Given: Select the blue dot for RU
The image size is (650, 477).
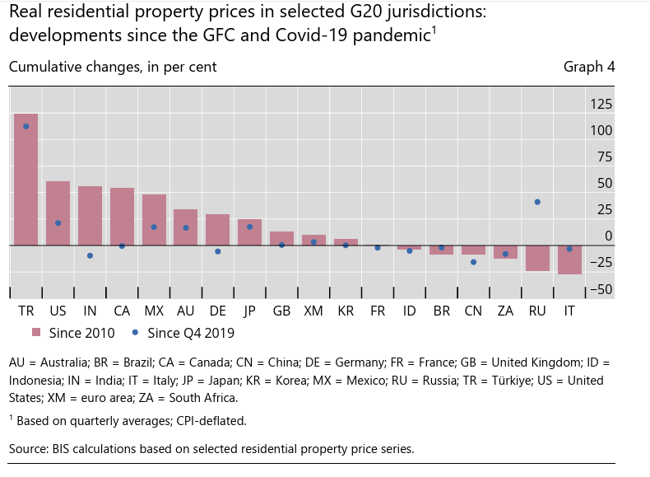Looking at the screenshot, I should pyautogui.click(x=537, y=202).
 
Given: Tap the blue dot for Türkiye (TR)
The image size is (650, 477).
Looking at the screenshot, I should pyautogui.click(x=26, y=126).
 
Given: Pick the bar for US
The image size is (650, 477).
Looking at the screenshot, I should pyautogui.click(x=58, y=213).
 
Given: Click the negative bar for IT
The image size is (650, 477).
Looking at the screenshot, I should pyautogui.click(x=569, y=260).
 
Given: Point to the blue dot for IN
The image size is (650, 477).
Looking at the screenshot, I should pyautogui.click(x=90, y=255).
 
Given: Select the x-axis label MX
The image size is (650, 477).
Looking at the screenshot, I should pyautogui.click(x=154, y=311).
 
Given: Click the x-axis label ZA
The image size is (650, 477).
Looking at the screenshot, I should pyautogui.click(x=505, y=311).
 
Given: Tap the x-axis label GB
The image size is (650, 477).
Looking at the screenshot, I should pyautogui.click(x=281, y=311).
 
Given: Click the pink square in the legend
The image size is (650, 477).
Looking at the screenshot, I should pyautogui.click(x=36, y=333).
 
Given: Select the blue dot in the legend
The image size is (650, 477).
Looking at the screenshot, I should pyautogui.click(x=135, y=333).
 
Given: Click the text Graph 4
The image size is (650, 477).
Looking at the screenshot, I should pyautogui.click(x=589, y=67).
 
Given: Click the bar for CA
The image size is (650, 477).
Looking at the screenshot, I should pyautogui.click(x=122, y=216).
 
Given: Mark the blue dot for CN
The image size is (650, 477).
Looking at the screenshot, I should pyautogui.click(x=473, y=262).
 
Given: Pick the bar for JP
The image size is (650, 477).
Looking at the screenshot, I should pyautogui.click(x=249, y=231).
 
